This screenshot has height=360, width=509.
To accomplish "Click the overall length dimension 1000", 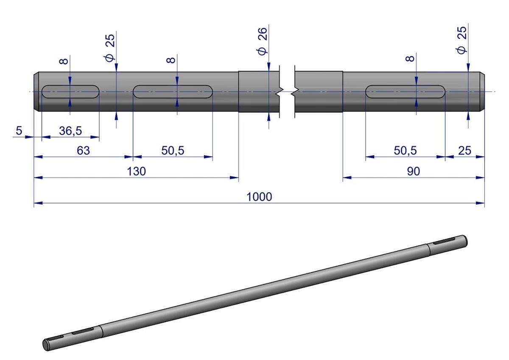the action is (259, 197).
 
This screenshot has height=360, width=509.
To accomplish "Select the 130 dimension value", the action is (136, 171).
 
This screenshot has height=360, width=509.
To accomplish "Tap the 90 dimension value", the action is (413, 171).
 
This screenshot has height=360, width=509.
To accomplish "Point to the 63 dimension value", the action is (84, 151).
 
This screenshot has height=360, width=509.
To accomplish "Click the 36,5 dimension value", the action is (70, 131).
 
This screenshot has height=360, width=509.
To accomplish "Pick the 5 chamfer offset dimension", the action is (19, 131).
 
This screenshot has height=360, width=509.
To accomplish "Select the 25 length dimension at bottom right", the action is (465, 151).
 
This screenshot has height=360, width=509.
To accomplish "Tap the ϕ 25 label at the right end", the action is (462, 40).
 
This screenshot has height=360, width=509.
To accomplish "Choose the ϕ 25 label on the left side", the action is (110, 48).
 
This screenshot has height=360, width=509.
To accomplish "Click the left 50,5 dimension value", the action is (173, 151).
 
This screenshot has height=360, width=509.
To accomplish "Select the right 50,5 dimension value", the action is (405, 151).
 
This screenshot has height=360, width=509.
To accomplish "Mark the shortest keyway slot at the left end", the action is (70, 92).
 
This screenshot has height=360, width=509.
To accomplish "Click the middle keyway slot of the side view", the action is (173, 92).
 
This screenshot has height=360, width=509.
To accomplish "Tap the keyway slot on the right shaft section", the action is (405, 92).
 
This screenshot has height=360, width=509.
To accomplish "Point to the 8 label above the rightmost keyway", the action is (410, 59).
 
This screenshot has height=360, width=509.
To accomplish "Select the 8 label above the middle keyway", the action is (171, 60).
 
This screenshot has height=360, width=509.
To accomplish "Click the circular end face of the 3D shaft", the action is (46, 346).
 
